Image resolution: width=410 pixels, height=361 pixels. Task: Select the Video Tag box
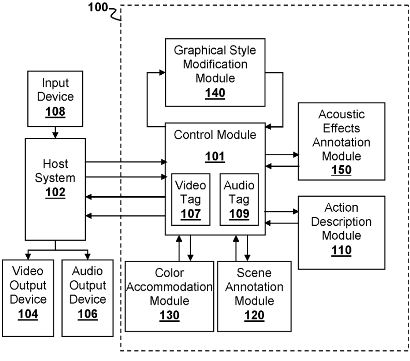tap(191, 199)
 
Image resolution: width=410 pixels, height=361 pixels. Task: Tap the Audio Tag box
tap(239, 199)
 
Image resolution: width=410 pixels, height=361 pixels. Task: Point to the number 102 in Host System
tap(56, 192)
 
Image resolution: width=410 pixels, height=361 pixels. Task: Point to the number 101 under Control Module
tap(215, 157)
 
